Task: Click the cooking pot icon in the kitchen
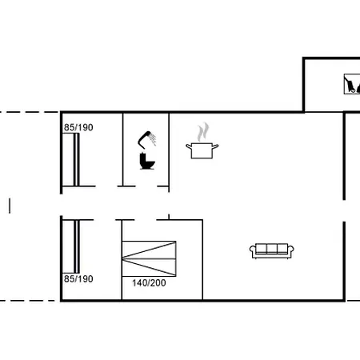point(202,150)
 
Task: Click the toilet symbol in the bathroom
point(146,162)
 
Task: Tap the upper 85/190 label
point(78,126)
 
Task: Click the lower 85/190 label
point(78,278)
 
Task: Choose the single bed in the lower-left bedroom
point(76,246)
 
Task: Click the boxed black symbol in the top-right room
point(350,84)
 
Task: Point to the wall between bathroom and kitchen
point(169,148)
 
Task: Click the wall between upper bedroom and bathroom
point(122,148)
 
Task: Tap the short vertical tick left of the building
point(10,206)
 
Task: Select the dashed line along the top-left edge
point(28,112)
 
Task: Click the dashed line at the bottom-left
point(28,300)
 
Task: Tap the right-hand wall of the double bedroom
point(202,260)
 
